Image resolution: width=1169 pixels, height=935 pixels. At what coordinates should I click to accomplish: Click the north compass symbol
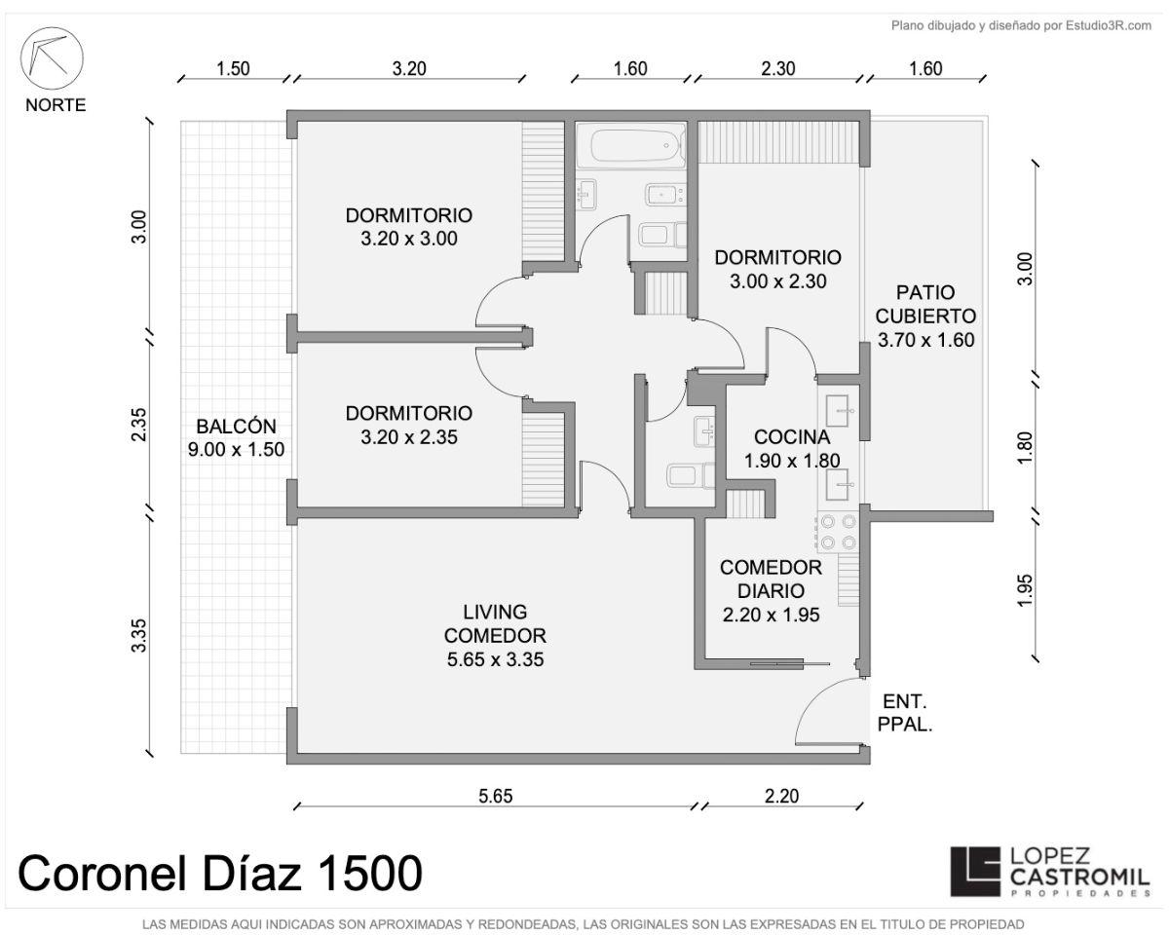pos(52,58)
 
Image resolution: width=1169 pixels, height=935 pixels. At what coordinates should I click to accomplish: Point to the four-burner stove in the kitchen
pos(838,532)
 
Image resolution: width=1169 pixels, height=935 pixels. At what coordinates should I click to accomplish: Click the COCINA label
pos(792,436)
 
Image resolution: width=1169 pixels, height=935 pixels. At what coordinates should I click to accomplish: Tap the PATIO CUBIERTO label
pos(925,304)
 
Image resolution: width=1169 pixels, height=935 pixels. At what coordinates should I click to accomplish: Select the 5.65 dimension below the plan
pos(496,796)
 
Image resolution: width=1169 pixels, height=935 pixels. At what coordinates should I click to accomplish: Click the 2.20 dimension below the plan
pos(781,796)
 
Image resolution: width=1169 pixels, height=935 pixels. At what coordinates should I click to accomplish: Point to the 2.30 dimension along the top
pos(778,69)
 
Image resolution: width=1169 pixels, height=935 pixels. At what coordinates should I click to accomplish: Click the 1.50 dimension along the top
pos(233,69)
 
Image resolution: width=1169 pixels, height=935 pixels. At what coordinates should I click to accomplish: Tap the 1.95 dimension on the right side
pos(1025,590)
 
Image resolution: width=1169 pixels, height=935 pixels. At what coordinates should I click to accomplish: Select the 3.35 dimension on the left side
pos(139,635)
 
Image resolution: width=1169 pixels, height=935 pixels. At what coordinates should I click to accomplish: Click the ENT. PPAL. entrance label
pos(905,713)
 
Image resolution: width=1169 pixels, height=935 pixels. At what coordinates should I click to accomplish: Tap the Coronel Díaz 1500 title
pos(220,873)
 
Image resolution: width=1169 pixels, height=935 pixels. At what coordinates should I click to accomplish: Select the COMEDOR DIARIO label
pos(771,580)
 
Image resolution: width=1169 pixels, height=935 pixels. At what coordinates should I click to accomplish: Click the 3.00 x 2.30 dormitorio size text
pos(778,281)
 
